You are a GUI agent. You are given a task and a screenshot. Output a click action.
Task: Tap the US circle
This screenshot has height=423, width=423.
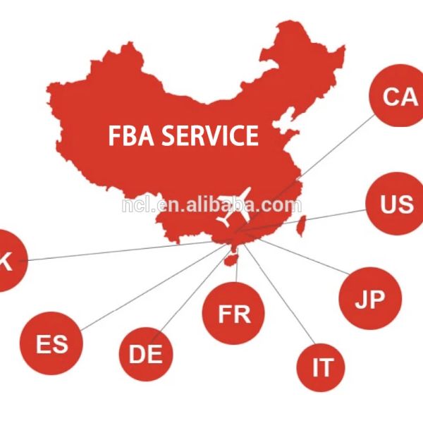396,204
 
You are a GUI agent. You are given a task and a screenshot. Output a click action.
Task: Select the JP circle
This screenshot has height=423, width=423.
370,298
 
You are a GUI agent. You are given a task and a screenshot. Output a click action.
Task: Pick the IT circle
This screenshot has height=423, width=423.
321,368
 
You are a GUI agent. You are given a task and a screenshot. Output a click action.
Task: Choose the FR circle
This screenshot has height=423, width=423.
233,314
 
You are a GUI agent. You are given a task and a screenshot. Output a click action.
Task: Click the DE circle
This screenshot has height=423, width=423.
146,354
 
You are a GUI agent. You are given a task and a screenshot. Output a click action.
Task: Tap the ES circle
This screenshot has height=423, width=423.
51,343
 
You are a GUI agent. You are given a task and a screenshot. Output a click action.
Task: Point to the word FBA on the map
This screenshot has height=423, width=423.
131,135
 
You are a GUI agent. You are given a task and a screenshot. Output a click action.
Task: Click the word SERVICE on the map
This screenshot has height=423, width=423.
210,135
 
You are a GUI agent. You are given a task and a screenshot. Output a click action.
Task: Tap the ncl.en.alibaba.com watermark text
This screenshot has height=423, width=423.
211,205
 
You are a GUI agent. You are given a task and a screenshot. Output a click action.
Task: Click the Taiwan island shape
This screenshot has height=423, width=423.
302,226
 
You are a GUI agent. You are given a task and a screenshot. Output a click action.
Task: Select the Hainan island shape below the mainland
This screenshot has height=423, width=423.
231,259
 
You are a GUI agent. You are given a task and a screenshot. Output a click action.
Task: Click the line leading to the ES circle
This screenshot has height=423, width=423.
154,286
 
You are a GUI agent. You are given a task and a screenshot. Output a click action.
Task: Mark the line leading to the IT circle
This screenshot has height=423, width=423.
279,294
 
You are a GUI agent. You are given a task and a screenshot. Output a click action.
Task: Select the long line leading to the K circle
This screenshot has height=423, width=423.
116,252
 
